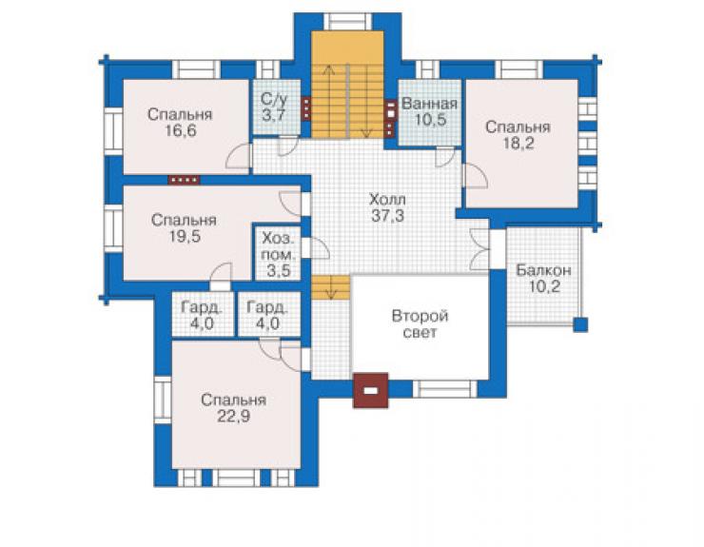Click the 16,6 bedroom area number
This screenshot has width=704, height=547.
click(x=180, y=131)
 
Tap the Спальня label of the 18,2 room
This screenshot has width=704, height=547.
click(x=518, y=127)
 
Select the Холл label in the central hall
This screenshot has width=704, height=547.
click(x=387, y=199)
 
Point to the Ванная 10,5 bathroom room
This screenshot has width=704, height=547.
click(x=430, y=112)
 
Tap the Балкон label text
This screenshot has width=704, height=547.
click(x=543, y=270)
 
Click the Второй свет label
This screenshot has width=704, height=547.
click(x=420, y=323)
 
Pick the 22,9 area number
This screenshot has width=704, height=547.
click(x=233, y=417)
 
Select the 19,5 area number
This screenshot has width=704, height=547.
click(x=184, y=237)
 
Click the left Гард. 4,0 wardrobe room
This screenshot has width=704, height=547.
click(x=203, y=314)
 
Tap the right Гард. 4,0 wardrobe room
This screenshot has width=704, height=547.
click(x=269, y=314)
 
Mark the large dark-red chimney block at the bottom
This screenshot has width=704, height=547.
click(x=370, y=390)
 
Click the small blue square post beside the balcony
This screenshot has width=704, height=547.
click(x=580, y=324)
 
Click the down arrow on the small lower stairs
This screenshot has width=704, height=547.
click(x=331, y=287)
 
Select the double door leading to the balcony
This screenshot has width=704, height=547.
click(x=479, y=249)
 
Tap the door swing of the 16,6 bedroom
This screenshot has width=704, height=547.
click(x=239, y=156)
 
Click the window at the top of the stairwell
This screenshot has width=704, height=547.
click(x=348, y=21)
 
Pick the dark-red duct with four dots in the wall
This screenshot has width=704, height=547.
click(x=184, y=180)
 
